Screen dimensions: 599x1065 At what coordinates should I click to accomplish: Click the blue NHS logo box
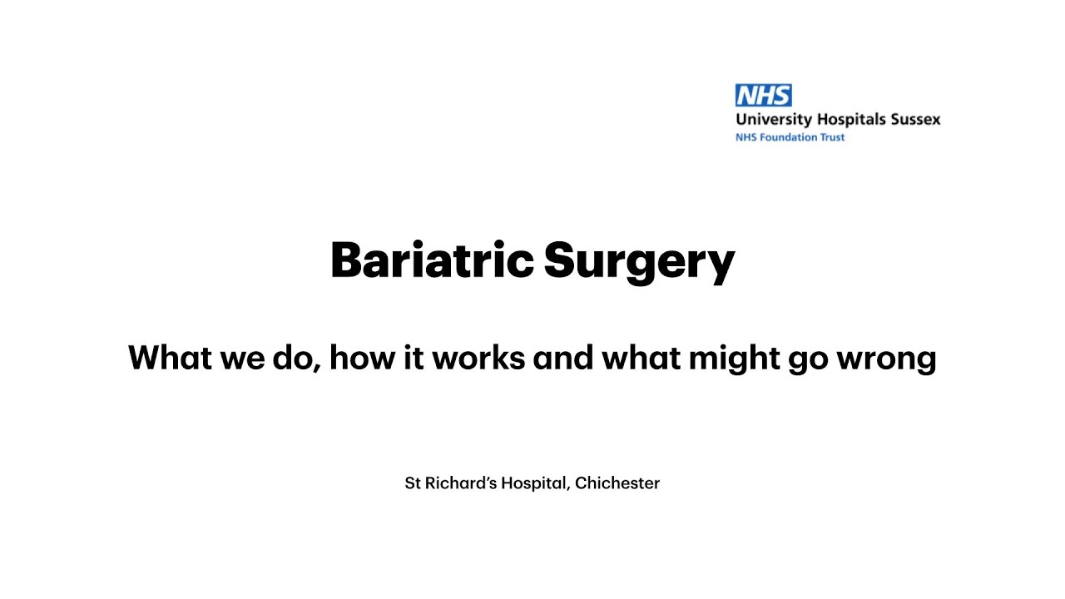point(763,95)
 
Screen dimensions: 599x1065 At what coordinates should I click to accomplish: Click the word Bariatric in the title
point(431,260)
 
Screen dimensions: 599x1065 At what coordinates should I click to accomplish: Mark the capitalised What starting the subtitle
point(167,358)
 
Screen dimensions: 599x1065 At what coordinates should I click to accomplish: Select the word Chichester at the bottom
point(617,483)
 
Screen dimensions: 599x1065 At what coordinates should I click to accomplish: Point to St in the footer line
point(413,483)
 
